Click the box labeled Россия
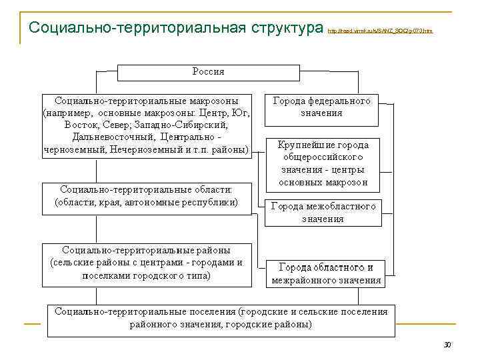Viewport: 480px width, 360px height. coord(208,72)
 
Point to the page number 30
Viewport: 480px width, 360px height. coord(447,345)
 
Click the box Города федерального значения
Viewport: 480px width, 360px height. coord(321,107)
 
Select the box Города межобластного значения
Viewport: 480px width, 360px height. coord(323,212)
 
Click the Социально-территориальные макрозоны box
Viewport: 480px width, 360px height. coord(147,125)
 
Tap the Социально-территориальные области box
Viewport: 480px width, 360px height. coord(146,196)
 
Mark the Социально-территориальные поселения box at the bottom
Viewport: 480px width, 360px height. coord(220,318)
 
